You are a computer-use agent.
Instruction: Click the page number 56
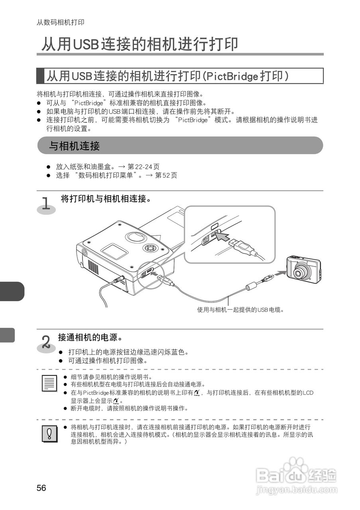[41, 488]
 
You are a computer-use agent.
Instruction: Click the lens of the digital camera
[301, 273]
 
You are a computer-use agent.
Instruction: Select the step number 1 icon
[47, 204]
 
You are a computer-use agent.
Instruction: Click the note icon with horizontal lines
[49, 383]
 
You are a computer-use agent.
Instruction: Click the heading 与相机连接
[74, 146]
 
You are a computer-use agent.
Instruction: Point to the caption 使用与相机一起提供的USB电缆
[240, 310]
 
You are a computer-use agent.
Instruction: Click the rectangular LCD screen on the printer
[114, 253]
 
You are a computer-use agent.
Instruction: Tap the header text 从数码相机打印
[60, 22]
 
